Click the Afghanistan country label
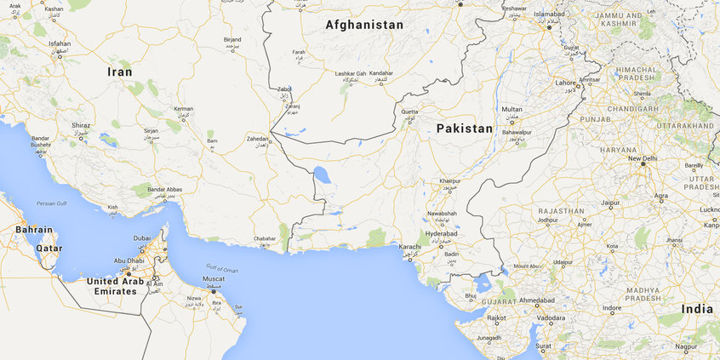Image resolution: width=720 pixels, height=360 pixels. click(364, 26)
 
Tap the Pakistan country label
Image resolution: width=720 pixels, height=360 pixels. click(464, 129)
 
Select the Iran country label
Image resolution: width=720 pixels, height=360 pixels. click(119, 72)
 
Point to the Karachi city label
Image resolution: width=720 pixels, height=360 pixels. click(409, 246)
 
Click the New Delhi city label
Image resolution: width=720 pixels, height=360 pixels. click(643, 158)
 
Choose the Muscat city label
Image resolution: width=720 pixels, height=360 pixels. click(214, 279)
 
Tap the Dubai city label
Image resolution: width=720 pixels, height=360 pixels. click(142, 238)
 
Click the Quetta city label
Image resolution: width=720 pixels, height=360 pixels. click(409, 111)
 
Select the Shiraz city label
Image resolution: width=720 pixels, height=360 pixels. click(81, 125)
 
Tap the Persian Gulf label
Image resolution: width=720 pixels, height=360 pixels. click(51, 203)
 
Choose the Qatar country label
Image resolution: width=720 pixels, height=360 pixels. click(49, 249)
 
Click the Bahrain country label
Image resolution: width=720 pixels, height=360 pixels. click(33, 230)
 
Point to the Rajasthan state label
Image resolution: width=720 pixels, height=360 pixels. click(561, 210)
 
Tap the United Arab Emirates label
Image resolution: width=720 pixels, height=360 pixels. click(115, 286)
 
